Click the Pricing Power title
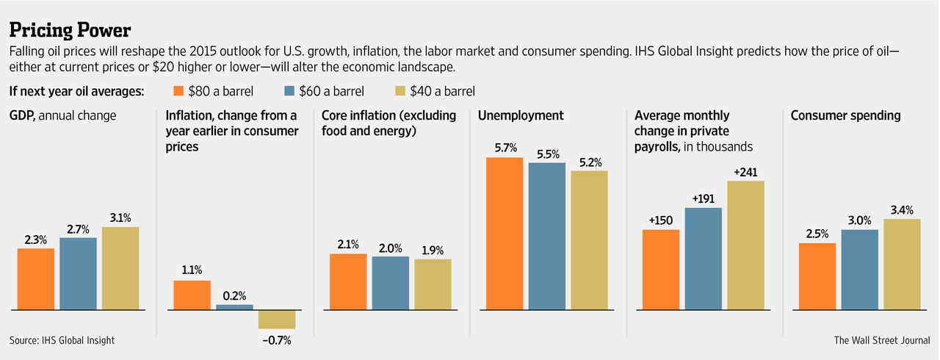pos(70,31)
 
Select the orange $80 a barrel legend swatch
pos(177,92)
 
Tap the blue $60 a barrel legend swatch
pos(288,92)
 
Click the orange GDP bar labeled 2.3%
pos(36,279)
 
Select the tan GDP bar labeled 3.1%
pos(120,268)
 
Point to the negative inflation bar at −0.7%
pos(276,319)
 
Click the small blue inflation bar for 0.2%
pos(234,307)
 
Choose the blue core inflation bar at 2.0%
pos(390,283)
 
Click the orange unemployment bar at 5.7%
pos(505,234)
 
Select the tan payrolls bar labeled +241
pos(745,245)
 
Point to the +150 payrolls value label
pos(661,219)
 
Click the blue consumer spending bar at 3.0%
pos(859,270)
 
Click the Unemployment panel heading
pos(521,116)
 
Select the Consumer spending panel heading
pos(845,116)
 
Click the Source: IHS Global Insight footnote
pos(62,340)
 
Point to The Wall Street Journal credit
pos(881,340)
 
